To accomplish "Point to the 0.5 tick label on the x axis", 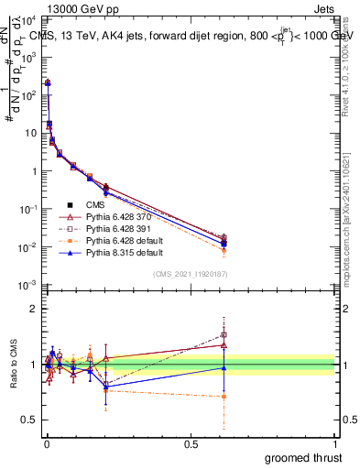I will click(x=191, y=443).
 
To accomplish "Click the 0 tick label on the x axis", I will click(x=46, y=443).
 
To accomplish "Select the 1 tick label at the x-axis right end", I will click(x=335, y=443).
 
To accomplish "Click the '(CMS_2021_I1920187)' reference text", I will click(x=191, y=275).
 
